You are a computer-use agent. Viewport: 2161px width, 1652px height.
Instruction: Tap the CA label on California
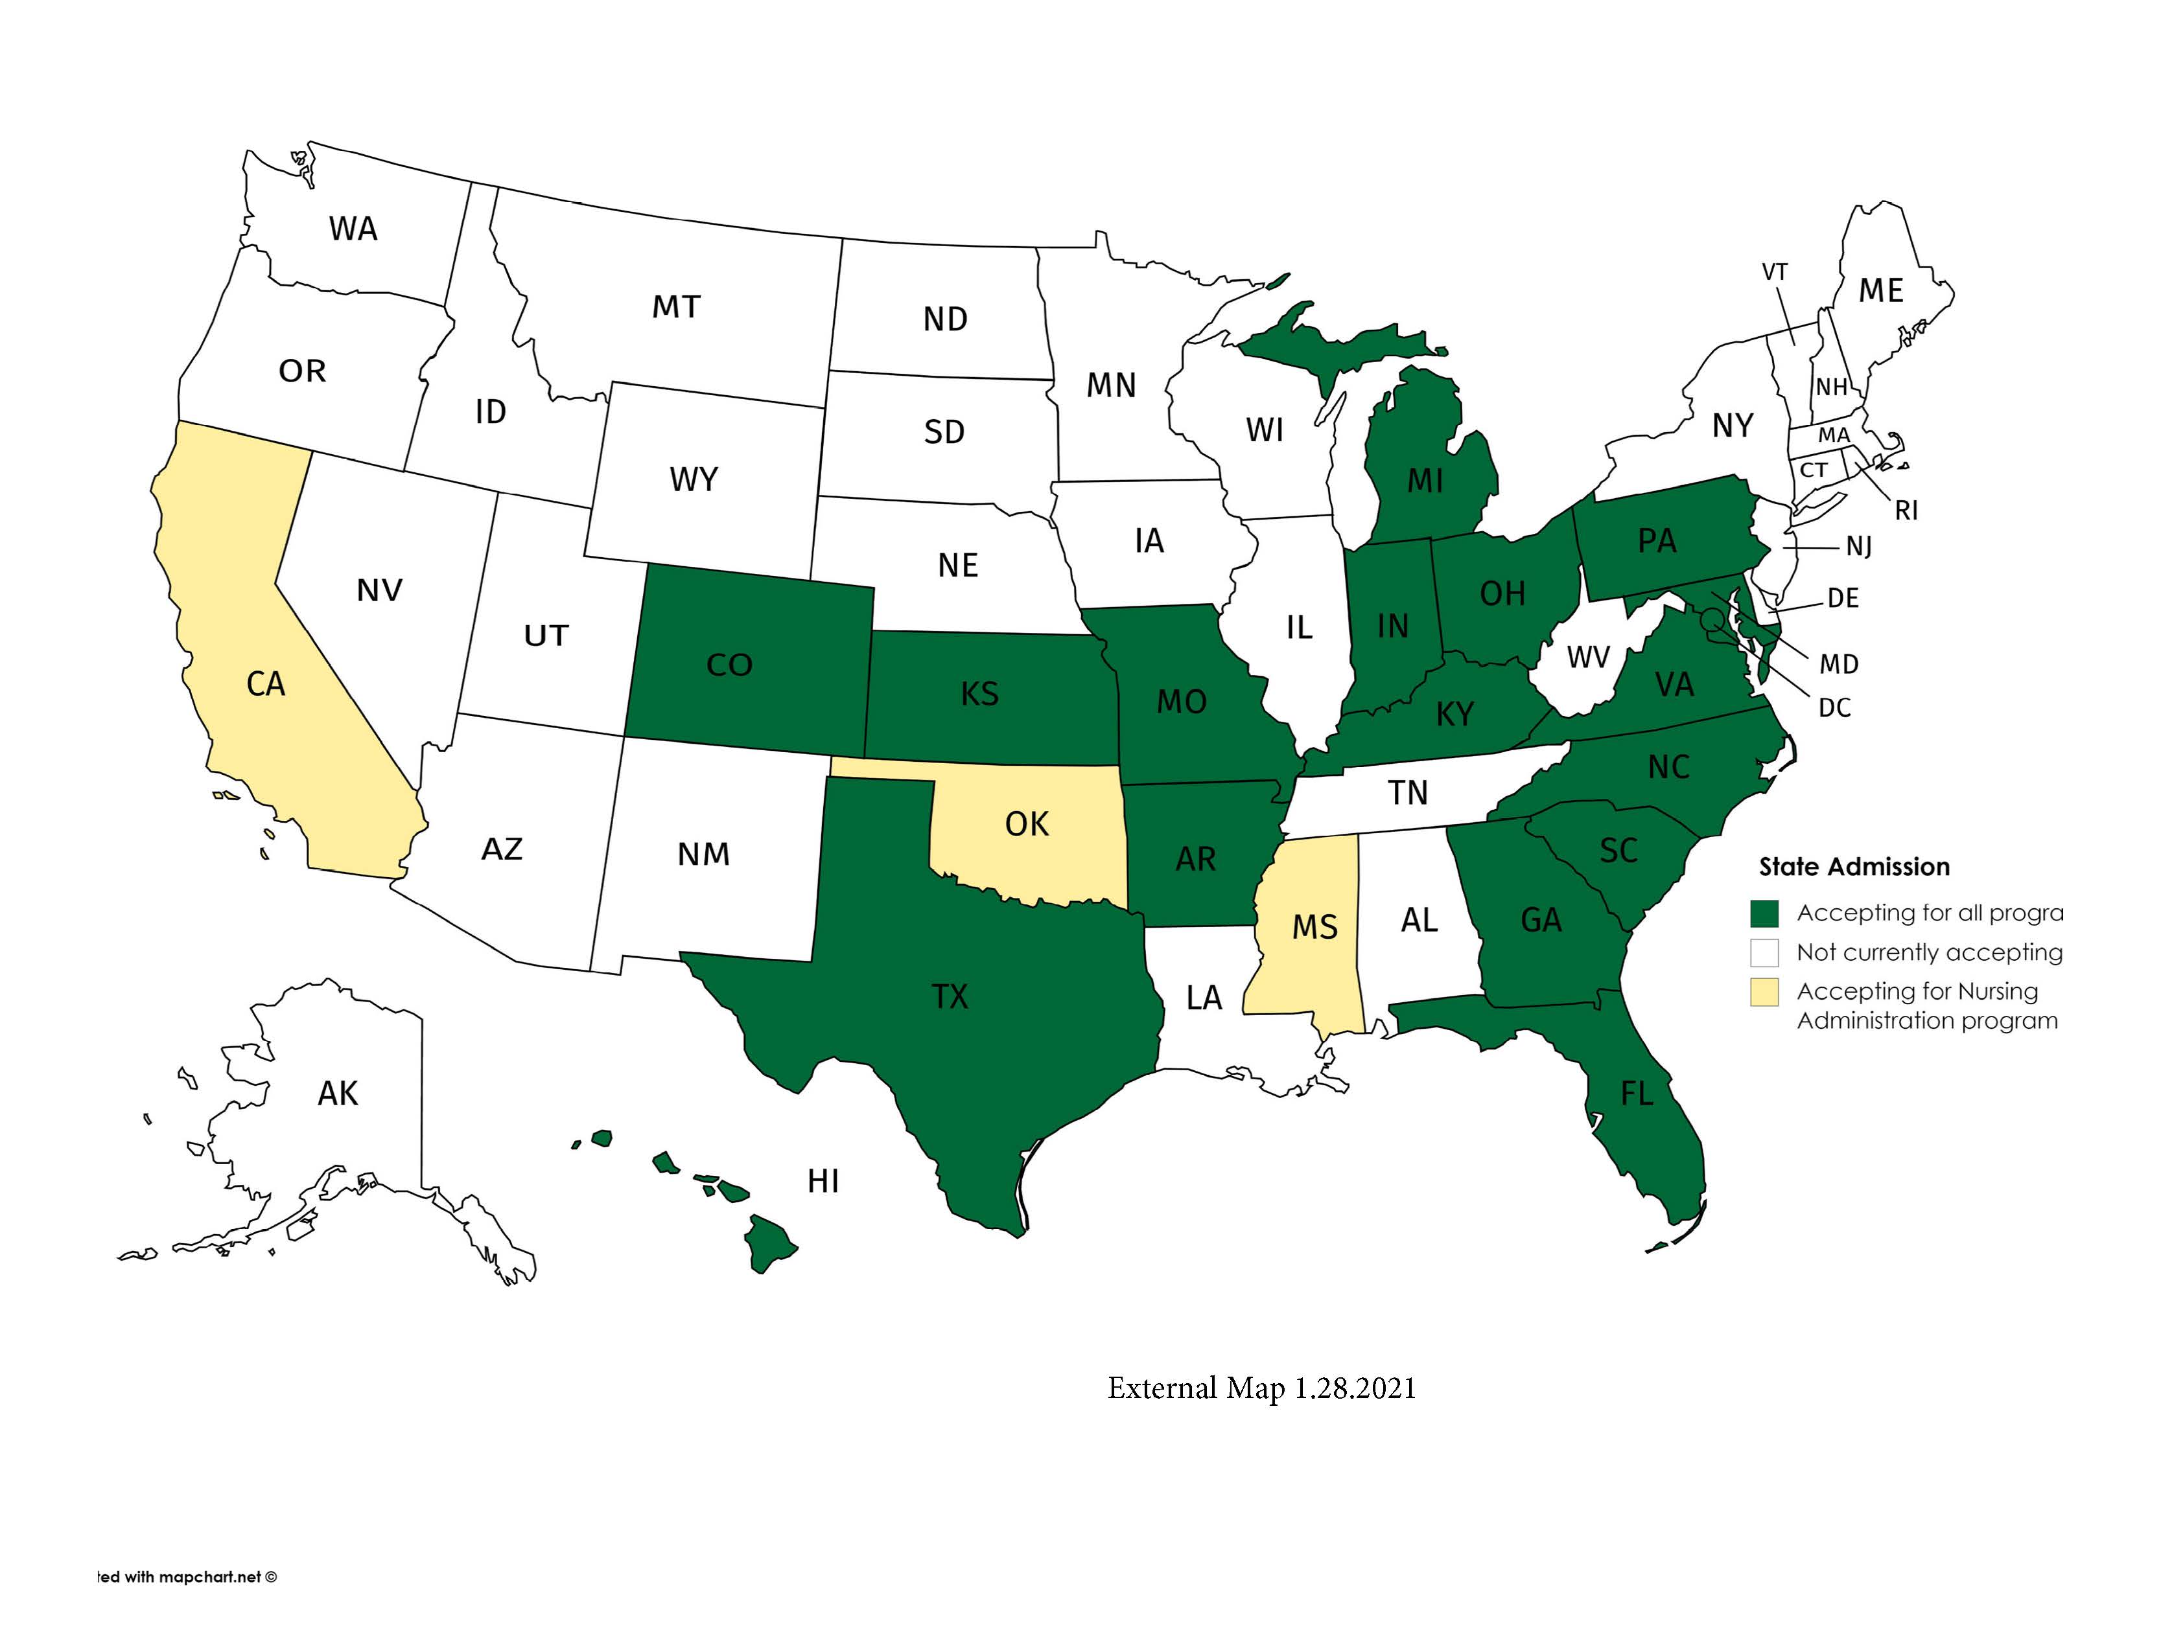(x=266, y=683)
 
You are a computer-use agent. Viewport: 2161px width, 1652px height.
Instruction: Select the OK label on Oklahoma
(x=1026, y=824)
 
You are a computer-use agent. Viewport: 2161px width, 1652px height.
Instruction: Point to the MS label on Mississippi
(x=1314, y=926)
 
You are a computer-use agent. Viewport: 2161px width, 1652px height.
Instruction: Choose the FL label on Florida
(x=1636, y=1094)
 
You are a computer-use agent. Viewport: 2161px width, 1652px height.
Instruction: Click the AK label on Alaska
(x=338, y=1094)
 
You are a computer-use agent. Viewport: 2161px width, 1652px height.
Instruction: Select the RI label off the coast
(x=1905, y=511)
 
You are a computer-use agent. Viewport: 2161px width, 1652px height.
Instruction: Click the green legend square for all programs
(x=1764, y=913)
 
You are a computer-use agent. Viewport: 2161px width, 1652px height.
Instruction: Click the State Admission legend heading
(x=1853, y=866)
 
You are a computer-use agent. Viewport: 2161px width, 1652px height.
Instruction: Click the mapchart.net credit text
(x=187, y=1576)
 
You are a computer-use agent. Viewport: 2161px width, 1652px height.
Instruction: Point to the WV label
(x=1587, y=657)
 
